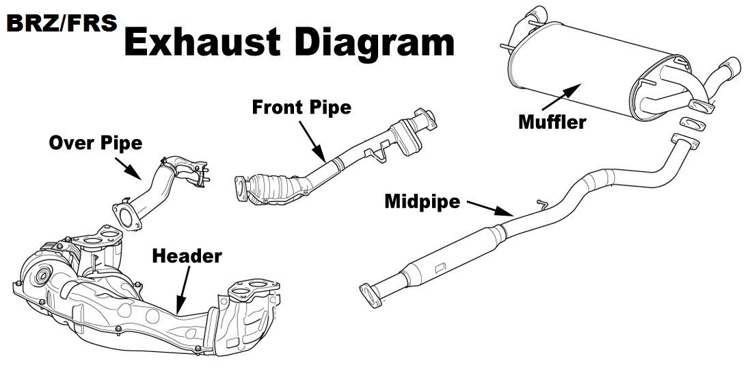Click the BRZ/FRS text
coord(62,23)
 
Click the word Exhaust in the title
coord(202,42)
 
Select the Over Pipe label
coord(96,142)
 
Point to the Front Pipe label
coord(302,107)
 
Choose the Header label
coord(187,256)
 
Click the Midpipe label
coord(423,202)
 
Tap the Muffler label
coord(552,122)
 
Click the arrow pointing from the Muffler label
coord(561,97)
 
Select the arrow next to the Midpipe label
coord(490,208)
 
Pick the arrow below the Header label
coord(183,290)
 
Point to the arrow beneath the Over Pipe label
coord(128,168)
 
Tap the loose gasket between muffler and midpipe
coord(692,124)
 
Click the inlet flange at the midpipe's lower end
coord(371,296)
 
